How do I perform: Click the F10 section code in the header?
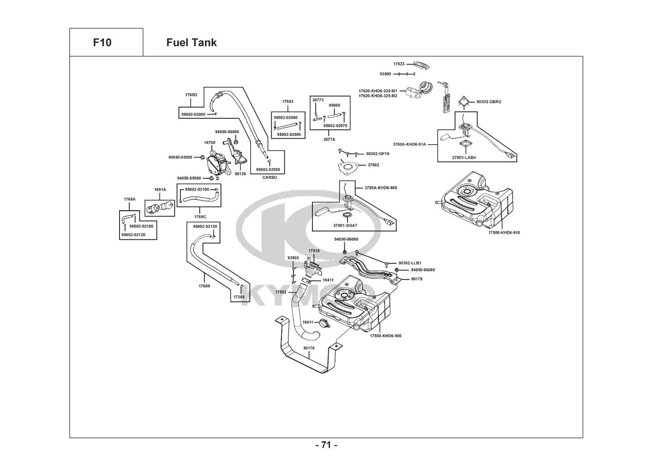[x=102, y=43]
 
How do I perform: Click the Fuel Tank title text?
[x=191, y=43]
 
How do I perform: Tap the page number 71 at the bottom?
[x=326, y=445]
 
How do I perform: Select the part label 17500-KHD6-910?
[x=504, y=233]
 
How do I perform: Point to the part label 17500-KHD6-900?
[x=385, y=336]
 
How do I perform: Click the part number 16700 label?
[x=210, y=143]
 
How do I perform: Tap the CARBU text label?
[x=270, y=177]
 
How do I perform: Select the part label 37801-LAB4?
[x=464, y=158]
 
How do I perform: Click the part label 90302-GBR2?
[x=489, y=102]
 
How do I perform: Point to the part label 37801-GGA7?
[x=346, y=225]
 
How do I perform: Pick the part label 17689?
[x=204, y=286]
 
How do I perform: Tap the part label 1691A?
[x=160, y=190]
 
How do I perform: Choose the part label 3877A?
[x=329, y=139]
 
